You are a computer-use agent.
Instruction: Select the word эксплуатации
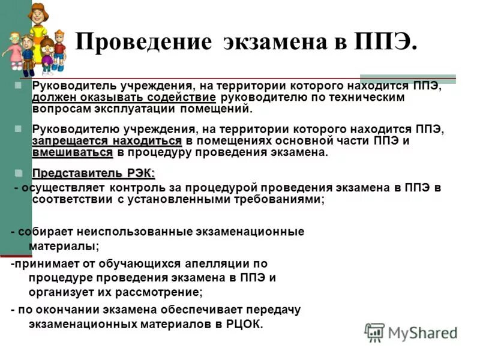[130, 109]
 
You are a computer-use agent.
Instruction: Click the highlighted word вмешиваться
[72, 152]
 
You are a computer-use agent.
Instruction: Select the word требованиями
[282, 199]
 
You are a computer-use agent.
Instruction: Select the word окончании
[57, 310]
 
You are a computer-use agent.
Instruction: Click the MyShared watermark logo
[411, 332]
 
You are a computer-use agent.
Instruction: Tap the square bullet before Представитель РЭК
[19, 173]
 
